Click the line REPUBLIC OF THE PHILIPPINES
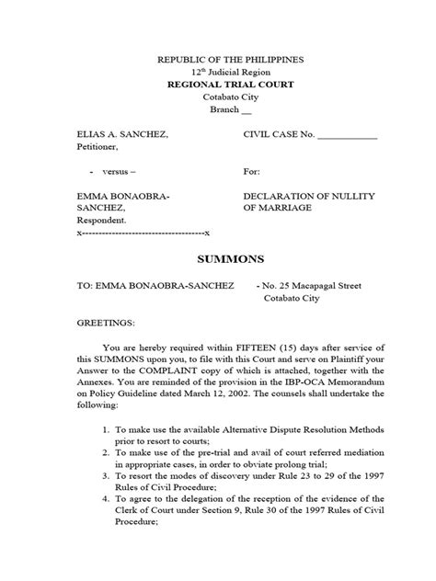point(218,61)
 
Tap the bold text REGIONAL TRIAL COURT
point(218,84)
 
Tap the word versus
point(117,171)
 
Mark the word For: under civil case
point(252,171)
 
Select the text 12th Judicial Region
point(218,72)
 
